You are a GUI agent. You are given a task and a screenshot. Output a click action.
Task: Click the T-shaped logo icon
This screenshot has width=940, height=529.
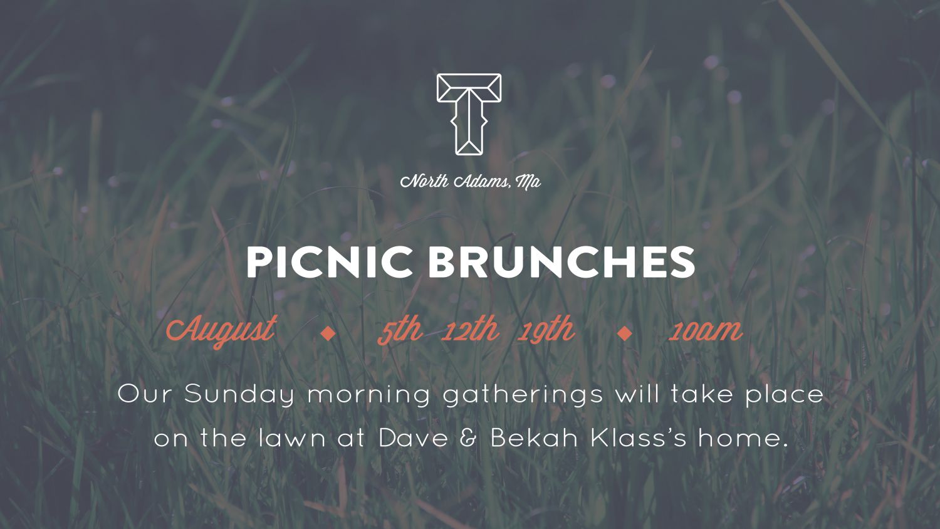coord(469,113)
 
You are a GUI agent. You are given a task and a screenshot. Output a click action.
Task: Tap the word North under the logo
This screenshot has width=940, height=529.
coord(425,182)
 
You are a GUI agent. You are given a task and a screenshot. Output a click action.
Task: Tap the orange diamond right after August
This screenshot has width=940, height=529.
coord(326,333)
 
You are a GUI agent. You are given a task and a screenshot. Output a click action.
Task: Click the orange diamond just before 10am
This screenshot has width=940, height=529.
coord(624,333)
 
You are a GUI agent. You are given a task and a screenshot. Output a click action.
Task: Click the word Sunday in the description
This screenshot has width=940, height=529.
coord(239,395)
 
